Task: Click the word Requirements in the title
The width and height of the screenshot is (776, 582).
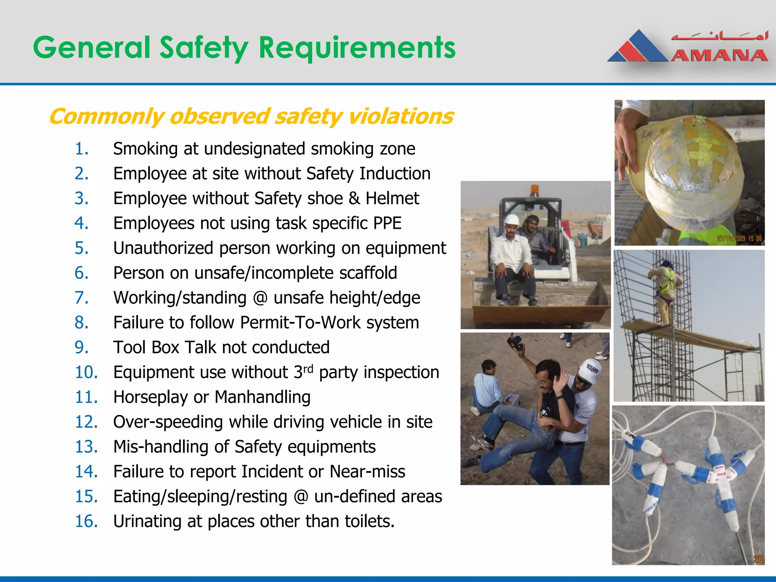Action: [357, 48]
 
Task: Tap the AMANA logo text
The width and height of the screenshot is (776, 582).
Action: [720, 56]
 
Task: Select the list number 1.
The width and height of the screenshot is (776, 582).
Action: [81, 149]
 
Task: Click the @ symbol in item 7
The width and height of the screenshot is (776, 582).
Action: [260, 298]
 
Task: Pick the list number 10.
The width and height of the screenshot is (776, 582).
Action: [86, 372]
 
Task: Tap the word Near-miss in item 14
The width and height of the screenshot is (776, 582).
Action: [367, 472]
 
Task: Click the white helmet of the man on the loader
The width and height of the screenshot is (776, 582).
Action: [512, 220]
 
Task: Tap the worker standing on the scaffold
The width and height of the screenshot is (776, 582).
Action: [666, 292]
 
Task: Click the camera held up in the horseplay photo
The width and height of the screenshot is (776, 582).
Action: [516, 342]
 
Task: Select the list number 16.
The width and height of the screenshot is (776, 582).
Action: [86, 521]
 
